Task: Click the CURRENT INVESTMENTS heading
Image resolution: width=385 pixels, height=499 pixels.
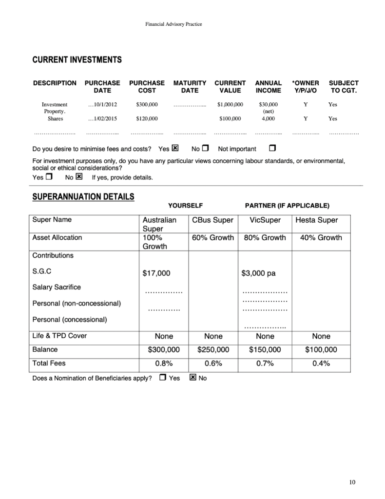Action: [x=77, y=60]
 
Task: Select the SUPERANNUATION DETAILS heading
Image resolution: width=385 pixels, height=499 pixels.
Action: [x=83, y=197]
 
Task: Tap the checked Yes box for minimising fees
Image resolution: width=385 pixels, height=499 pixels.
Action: [x=175, y=148]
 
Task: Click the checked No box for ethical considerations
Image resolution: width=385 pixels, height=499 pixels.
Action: [x=79, y=177]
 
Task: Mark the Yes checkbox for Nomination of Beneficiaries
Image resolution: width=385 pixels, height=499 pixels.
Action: [x=163, y=377]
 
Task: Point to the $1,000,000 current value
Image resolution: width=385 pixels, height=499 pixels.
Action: [x=230, y=104]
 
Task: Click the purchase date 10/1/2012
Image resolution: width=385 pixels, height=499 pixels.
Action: [x=103, y=104]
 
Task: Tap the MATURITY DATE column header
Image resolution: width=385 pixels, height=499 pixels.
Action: [x=190, y=87]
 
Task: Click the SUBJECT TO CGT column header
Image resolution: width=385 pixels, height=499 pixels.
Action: [x=344, y=87]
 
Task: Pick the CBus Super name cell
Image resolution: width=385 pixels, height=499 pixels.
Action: [x=213, y=220]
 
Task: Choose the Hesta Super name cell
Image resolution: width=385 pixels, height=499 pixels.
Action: [x=316, y=220]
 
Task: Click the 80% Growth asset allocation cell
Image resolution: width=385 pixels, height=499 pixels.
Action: [x=265, y=238]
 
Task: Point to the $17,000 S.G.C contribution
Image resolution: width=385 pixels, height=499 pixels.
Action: [x=156, y=273]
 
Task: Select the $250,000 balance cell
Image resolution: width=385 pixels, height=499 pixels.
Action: [x=213, y=349]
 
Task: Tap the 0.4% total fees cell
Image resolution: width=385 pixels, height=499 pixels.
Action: [x=321, y=363]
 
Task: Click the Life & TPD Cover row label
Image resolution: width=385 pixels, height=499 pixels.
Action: [x=59, y=336]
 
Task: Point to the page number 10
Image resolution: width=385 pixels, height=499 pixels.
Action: [x=352, y=482]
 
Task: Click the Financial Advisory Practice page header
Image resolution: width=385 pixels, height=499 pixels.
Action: [x=173, y=24]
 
